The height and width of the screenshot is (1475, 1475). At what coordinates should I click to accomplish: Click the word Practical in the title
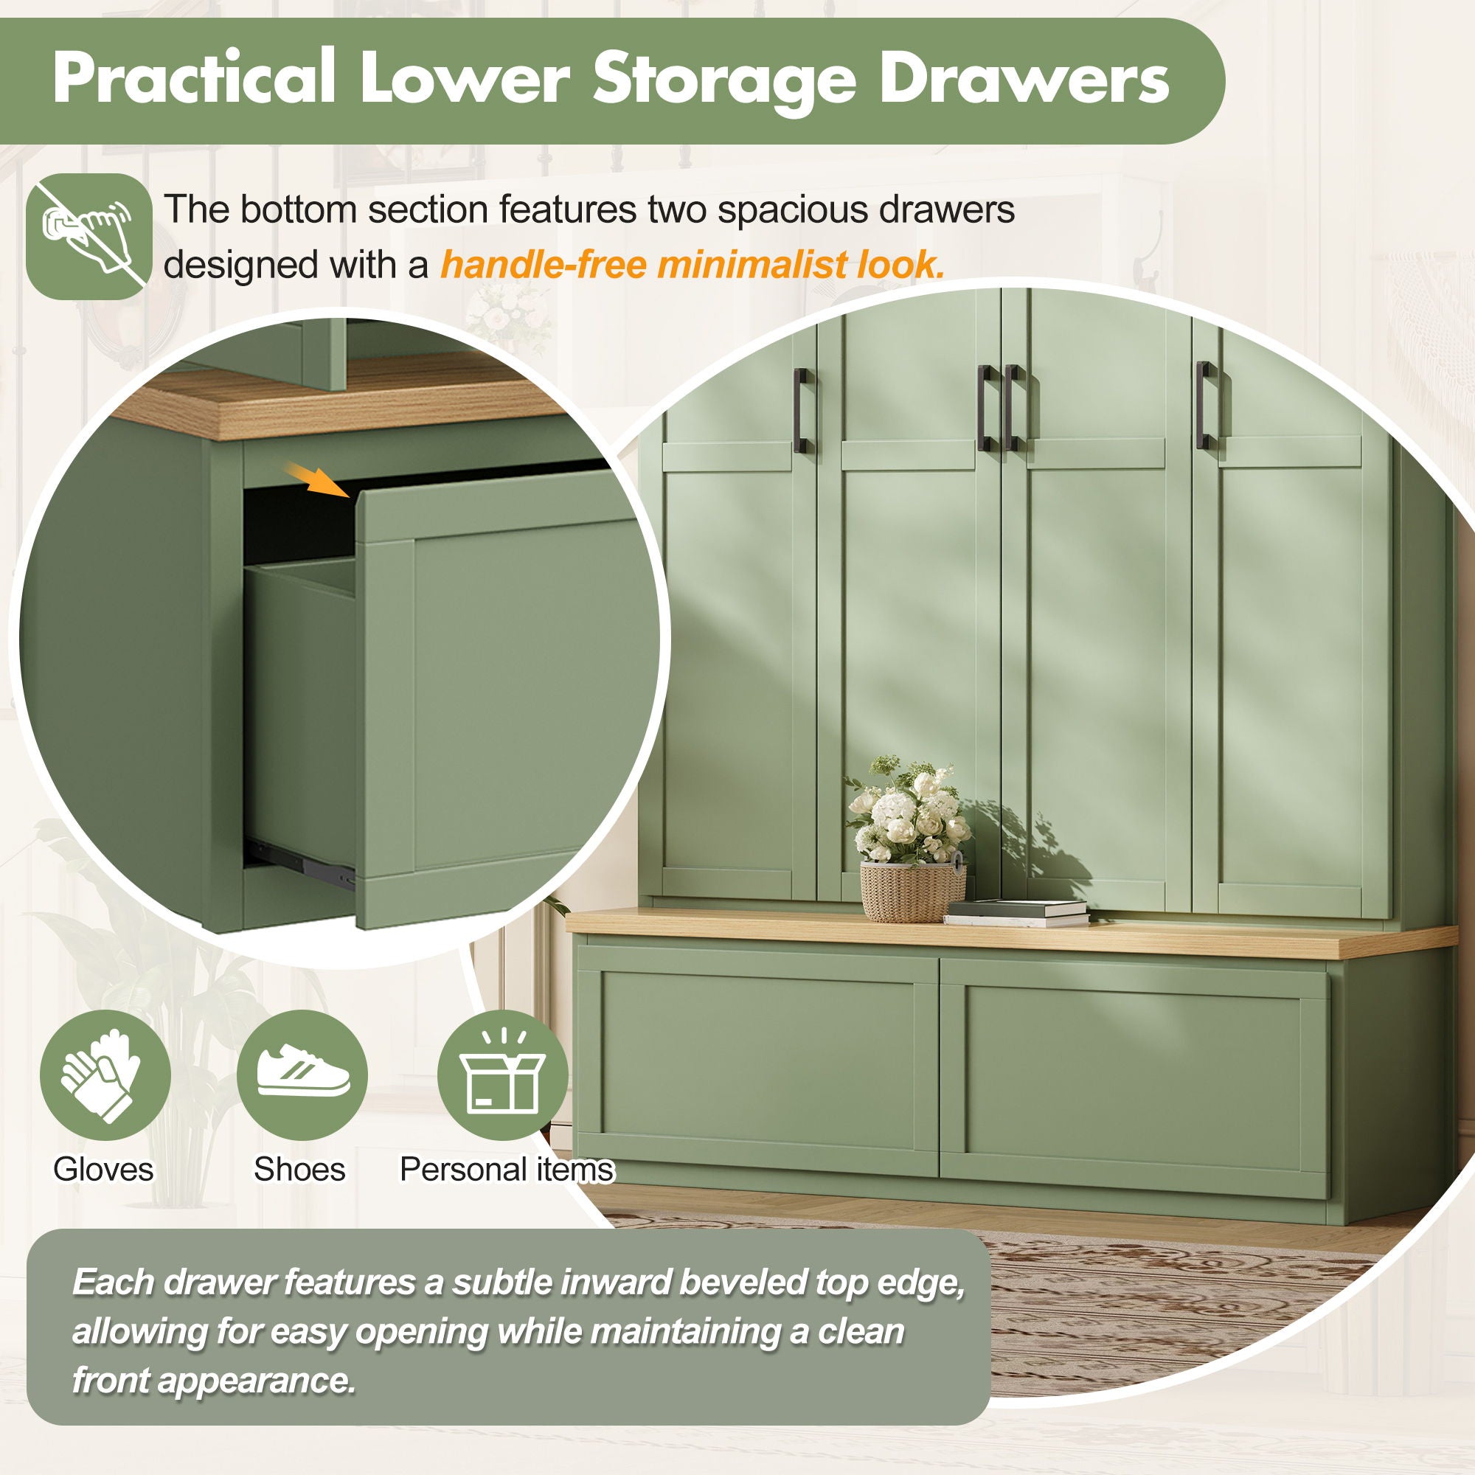(195, 77)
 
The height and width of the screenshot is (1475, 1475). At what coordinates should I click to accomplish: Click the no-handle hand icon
(88, 236)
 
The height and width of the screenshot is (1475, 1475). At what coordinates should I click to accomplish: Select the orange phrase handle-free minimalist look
(693, 265)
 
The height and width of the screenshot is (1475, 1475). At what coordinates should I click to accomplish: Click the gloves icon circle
(105, 1075)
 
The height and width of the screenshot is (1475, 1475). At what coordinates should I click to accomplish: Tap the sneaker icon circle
(302, 1075)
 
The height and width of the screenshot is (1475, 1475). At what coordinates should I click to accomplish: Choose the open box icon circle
(502, 1075)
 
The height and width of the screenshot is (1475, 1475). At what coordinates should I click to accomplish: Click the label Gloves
(103, 1170)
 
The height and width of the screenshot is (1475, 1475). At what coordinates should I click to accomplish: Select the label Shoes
(299, 1170)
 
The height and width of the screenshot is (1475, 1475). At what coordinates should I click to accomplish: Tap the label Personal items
(507, 1170)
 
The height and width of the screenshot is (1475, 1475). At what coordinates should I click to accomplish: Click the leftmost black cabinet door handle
(802, 410)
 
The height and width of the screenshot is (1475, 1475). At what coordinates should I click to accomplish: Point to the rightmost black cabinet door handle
(1206, 405)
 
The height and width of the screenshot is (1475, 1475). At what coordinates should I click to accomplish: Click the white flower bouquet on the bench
(909, 811)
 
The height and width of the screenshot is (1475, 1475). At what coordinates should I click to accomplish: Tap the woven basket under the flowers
(912, 890)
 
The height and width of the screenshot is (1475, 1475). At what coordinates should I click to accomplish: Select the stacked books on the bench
(1016, 912)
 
